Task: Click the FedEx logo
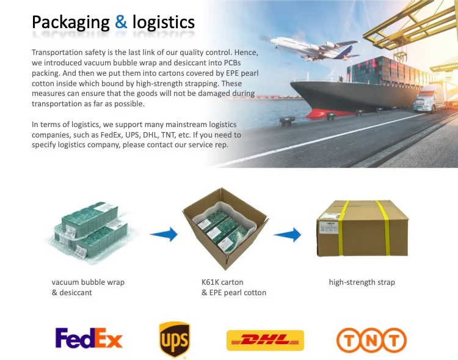[x=89, y=338]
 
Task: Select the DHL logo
[x=264, y=340]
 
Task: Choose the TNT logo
[x=371, y=340]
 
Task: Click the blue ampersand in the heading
[x=122, y=23]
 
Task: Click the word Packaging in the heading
[x=71, y=23]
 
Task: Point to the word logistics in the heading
[x=163, y=23]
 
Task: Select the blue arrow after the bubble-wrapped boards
[x=163, y=233]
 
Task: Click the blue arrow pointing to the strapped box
[x=286, y=233]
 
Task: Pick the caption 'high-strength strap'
[x=362, y=282]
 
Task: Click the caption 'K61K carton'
[x=222, y=282]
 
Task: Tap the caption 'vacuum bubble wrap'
[x=88, y=282]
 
